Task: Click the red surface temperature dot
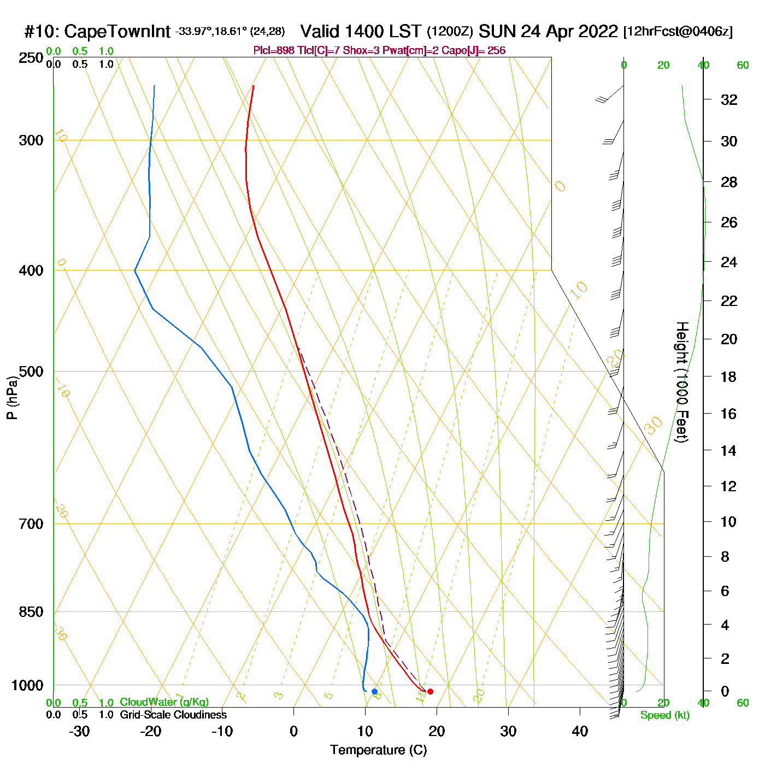(x=430, y=692)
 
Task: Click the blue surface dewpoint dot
(x=374, y=692)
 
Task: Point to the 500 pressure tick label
(x=31, y=372)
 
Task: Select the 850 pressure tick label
(x=31, y=612)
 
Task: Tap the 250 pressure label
(x=31, y=58)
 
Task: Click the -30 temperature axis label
(x=79, y=731)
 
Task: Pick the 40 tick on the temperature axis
(x=580, y=731)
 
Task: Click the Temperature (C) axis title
(x=378, y=750)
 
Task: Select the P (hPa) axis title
(x=12, y=397)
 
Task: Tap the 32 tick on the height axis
(x=729, y=99)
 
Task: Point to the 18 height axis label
(x=729, y=376)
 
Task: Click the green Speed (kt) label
(x=664, y=715)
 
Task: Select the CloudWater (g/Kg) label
(x=164, y=702)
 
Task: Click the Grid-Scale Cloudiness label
(x=173, y=715)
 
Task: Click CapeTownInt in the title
(x=117, y=32)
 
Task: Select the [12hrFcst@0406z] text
(x=678, y=32)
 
